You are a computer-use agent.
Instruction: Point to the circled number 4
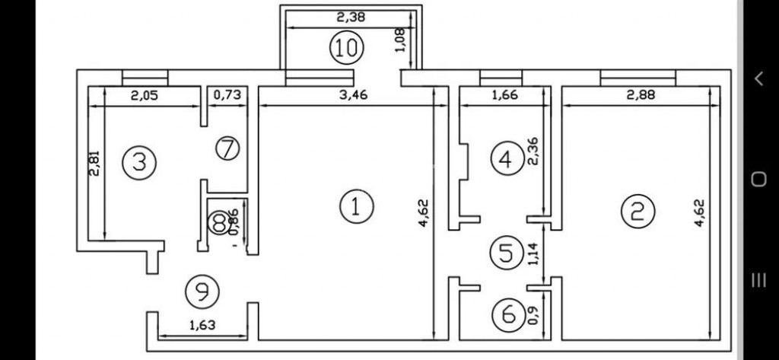tap(506, 159)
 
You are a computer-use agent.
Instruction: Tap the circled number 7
tap(227, 148)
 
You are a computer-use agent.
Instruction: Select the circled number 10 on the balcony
tap(346, 48)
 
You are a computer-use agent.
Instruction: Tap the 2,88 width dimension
tap(641, 96)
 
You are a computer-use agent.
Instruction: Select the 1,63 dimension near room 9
tap(201, 325)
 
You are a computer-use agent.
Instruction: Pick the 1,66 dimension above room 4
tap(498, 96)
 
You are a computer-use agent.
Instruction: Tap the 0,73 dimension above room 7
tap(226, 96)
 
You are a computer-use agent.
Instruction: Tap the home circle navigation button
tap(758, 180)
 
